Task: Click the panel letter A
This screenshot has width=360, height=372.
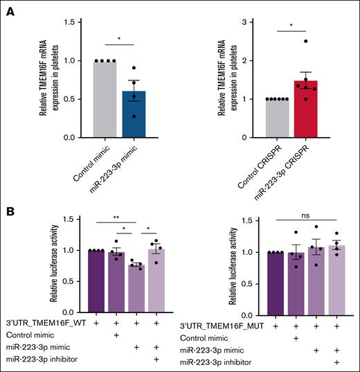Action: [10, 9]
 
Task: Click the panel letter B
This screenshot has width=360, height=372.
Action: [10, 208]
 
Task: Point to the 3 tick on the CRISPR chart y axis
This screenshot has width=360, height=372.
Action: [238, 23]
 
